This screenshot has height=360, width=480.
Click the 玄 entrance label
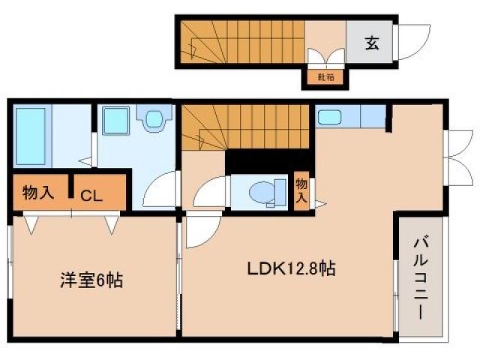tap(372, 43)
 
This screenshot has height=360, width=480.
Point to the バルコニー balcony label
tap(421, 278)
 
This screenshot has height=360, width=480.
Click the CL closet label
tap(92, 196)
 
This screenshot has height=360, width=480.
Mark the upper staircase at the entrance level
tap(240, 40)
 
